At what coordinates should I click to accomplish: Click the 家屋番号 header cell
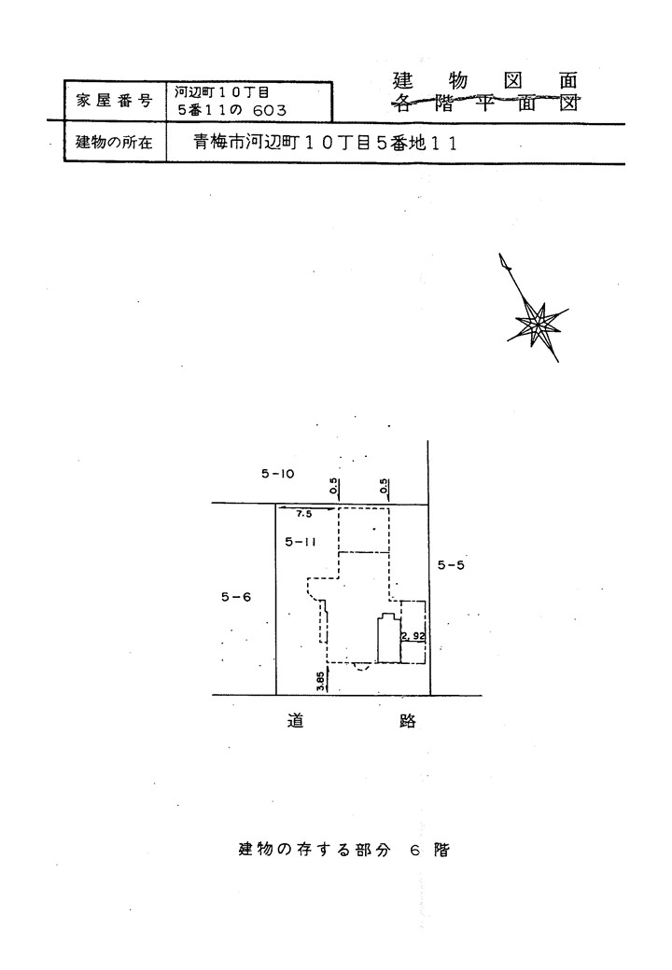(x=115, y=101)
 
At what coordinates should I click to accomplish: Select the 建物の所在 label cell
(x=115, y=143)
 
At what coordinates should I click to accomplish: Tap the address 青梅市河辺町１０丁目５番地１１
(x=326, y=144)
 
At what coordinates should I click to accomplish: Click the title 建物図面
(x=485, y=81)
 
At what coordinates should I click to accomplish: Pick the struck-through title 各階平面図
(x=485, y=103)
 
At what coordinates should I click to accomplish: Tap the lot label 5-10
(x=277, y=475)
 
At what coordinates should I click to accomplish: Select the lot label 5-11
(x=301, y=542)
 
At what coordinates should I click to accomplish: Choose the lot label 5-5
(x=451, y=565)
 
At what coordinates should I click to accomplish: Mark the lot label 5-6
(x=236, y=597)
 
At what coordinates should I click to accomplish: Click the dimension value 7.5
(x=304, y=515)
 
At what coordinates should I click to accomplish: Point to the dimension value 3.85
(x=320, y=681)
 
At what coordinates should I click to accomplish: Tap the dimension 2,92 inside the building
(x=413, y=635)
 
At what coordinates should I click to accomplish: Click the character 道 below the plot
(x=295, y=720)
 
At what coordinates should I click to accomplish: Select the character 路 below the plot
(x=408, y=721)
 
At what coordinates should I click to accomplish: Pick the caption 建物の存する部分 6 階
(x=344, y=850)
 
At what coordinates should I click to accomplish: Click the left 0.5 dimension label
(x=334, y=488)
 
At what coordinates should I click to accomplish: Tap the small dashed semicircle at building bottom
(x=361, y=667)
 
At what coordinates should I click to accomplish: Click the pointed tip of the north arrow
(x=499, y=254)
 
